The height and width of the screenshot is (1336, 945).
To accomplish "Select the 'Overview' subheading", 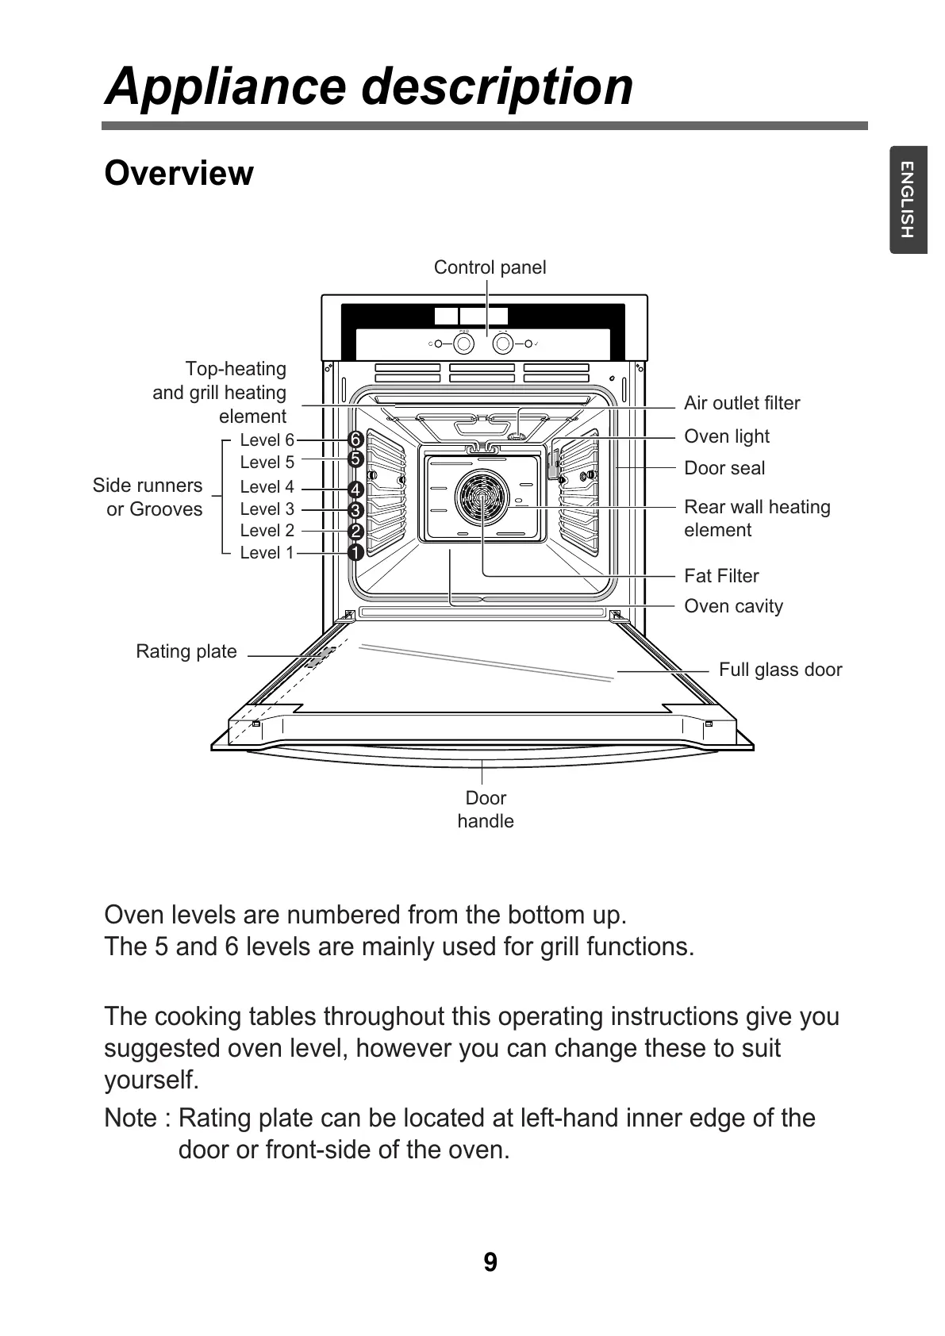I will coord(179,173).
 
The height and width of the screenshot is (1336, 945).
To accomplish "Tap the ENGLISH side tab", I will coord(908,199).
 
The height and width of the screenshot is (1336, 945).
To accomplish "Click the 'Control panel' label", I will coord(490,267).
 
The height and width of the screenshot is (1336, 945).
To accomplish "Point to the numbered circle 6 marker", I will coord(355,440).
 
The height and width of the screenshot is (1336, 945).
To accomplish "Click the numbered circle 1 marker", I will coord(355,552).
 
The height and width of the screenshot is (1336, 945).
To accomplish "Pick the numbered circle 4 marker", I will coord(355,489).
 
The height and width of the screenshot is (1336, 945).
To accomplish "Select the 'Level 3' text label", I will coord(267,509).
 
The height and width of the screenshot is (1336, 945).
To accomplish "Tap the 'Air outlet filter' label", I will coord(742,403).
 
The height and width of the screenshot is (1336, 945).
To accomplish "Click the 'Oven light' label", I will coord(727,436).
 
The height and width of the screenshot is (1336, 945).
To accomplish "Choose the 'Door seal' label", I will coord(724,468).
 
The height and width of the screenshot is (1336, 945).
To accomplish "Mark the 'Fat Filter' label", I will coord(721,576).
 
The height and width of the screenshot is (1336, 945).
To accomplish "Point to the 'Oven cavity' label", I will coord(733,606).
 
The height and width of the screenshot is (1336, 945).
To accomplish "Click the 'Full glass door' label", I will coord(780,670).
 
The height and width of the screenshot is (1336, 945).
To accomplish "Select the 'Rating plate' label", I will coord(186,651).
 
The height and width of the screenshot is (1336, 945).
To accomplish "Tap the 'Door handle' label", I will coord(486,809).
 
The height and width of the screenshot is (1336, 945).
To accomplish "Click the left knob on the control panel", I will coord(463,344).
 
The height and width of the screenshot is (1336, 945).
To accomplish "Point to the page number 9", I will coord(490,1261).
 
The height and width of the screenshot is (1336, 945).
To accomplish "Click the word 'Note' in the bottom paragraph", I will coord(131,1118).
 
